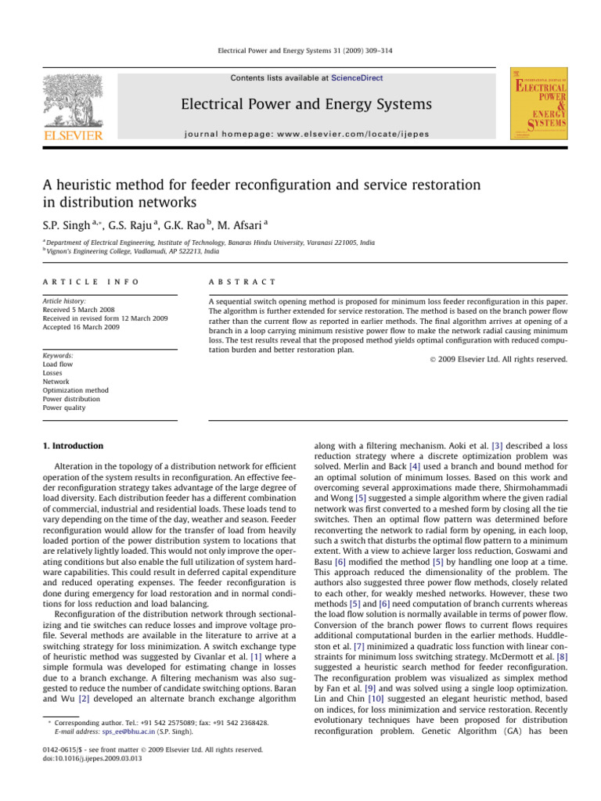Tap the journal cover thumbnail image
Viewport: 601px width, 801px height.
(x=539, y=104)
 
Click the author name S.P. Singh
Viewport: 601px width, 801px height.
(x=67, y=225)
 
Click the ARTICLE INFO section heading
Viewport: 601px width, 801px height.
(x=90, y=282)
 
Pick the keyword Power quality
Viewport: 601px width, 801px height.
(x=64, y=408)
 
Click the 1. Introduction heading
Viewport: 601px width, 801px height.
(x=73, y=446)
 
